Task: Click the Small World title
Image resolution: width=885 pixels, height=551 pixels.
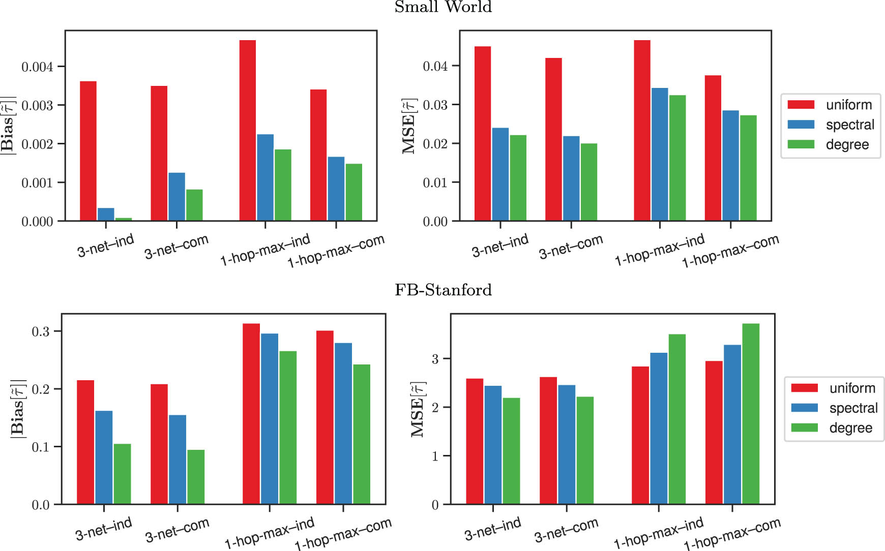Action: [x=443, y=7]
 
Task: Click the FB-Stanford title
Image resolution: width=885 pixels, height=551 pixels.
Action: [x=443, y=290]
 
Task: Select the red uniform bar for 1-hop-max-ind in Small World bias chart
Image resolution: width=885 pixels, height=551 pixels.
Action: [x=248, y=130]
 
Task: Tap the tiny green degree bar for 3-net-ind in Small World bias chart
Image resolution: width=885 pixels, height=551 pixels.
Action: [x=124, y=219]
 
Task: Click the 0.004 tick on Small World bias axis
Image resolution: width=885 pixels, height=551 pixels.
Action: [x=37, y=67]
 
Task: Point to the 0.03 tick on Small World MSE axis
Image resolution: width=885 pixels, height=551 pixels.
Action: [x=435, y=105]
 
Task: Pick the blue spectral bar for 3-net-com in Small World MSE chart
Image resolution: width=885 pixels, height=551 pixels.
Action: [x=571, y=178]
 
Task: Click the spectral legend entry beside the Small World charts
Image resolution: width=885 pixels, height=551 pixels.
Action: [x=849, y=125]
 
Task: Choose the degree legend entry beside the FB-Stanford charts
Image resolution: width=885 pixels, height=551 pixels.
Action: [x=850, y=428]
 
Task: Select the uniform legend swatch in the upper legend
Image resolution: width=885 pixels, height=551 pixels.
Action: [x=801, y=105]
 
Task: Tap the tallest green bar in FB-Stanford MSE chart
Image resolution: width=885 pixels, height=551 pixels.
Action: [x=751, y=414]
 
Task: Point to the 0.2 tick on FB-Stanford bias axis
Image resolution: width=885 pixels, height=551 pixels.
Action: [x=41, y=389]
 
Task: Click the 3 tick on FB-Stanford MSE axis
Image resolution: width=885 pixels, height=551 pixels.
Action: [x=435, y=359]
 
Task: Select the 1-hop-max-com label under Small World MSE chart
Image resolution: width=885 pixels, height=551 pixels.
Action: [x=730, y=251]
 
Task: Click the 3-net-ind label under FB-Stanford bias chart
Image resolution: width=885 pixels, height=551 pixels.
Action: [x=104, y=529]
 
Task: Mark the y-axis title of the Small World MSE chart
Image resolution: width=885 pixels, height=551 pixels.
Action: [x=409, y=126]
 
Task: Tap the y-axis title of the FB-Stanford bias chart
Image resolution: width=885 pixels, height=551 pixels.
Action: [x=18, y=408]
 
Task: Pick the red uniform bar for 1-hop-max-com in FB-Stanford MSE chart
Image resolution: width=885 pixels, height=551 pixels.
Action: [x=714, y=432]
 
